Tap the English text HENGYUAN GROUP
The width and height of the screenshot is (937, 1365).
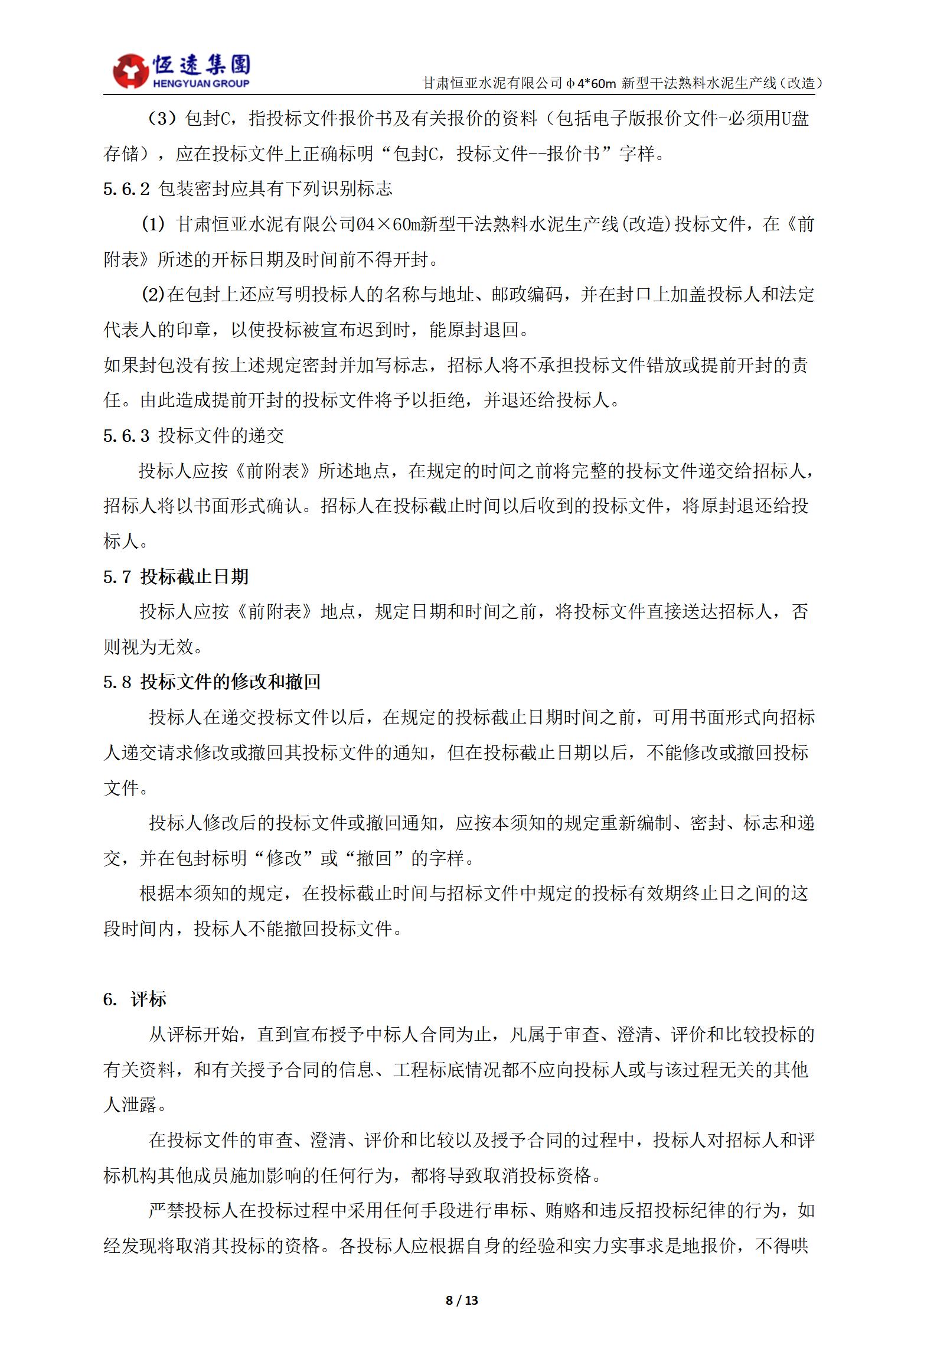[x=201, y=84]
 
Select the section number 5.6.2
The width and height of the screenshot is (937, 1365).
[x=126, y=189]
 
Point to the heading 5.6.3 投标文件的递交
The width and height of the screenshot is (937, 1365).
[x=194, y=436]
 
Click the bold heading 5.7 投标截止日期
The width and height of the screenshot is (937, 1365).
[x=176, y=576]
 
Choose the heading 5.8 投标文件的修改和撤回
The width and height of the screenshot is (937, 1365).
[x=211, y=682]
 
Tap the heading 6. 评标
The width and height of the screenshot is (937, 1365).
[x=135, y=999]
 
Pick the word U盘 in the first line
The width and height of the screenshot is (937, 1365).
[x=795, y=119]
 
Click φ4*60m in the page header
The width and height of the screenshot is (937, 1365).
[x=590, y=83]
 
